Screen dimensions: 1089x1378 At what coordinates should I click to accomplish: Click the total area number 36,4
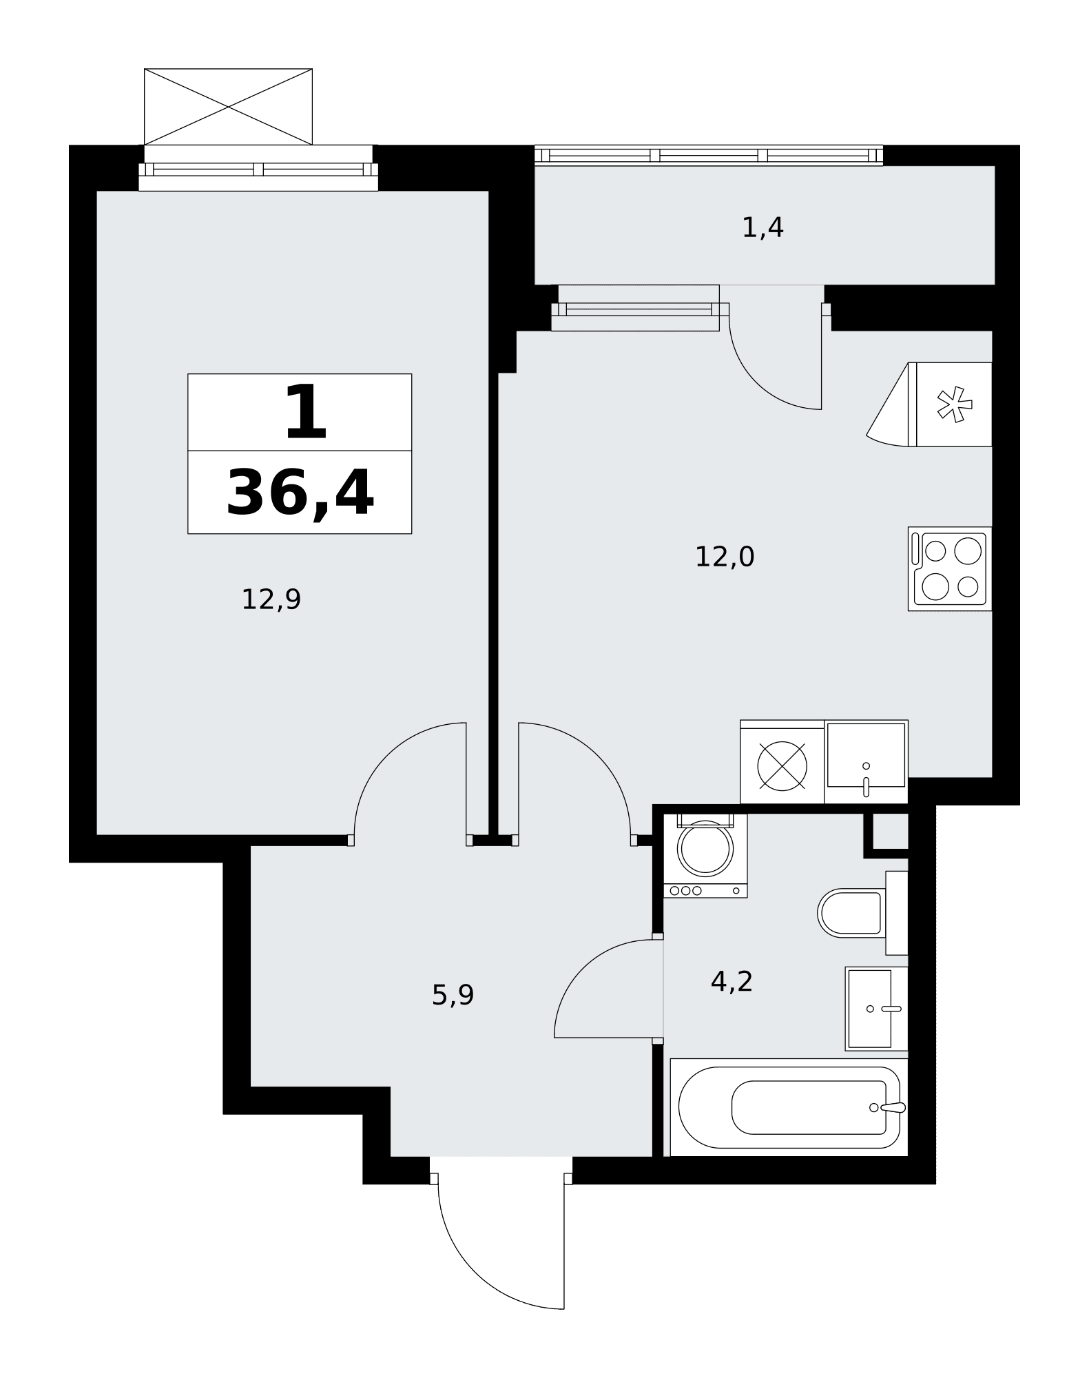[300, 493]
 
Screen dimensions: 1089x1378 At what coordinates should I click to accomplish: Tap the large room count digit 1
[305, 413]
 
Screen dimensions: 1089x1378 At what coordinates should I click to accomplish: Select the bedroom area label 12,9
[271, 599]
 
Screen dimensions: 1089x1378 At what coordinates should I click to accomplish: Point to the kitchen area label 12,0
[725, 557]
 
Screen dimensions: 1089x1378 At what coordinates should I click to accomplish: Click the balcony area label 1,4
[763, 227]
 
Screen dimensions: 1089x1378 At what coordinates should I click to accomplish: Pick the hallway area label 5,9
[453, 995]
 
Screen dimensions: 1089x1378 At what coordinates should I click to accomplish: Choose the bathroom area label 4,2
[732, 981]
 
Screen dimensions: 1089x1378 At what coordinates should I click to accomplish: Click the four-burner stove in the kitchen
[950, 568]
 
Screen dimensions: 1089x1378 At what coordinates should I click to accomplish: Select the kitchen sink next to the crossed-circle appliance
[866, 762]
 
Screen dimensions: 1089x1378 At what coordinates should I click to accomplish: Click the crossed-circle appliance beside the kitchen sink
[782, 762]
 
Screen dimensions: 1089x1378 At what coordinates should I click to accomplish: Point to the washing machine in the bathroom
[705, 856]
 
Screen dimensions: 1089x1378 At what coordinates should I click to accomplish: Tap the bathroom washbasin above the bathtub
[877, 1009]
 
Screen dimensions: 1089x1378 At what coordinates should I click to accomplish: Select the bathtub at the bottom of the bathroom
[789, 1107]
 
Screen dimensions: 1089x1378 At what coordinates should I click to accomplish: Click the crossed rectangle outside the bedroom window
[228, 107]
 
